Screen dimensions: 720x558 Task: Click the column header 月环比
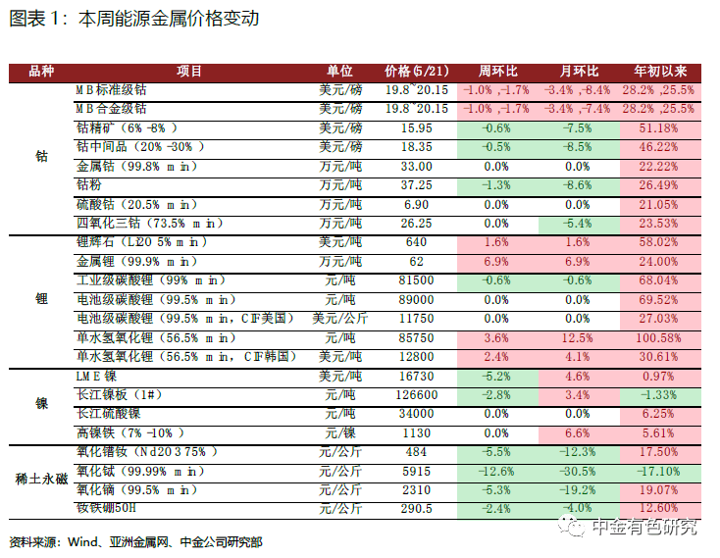[579, 72]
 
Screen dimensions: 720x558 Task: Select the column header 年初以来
[660, 72]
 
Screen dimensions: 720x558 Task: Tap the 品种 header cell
[41, 72]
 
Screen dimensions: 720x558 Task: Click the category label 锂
[41, 299]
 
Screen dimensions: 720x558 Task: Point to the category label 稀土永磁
[41, 480]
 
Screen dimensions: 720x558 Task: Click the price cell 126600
[417, 395]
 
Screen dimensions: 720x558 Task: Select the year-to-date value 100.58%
[658, 338]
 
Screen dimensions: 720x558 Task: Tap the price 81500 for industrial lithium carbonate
[417, 280]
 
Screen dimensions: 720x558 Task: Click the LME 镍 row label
[96, 377]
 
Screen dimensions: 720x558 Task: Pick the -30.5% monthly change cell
[577, 472]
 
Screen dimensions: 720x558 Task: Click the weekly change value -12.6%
[496, 472]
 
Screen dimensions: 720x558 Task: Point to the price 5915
[417, 472]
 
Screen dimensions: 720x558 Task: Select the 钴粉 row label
[89, 185]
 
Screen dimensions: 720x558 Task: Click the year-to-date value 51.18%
[658, 128]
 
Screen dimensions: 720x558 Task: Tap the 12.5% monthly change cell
[577, 338]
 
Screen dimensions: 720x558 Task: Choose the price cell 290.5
[417, 509]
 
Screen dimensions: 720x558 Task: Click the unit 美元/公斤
[340, 319]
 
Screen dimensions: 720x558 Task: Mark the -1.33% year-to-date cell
[658, 395]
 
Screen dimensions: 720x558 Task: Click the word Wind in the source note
[82, 542]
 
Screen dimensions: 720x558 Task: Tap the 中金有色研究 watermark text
[644, 527]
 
